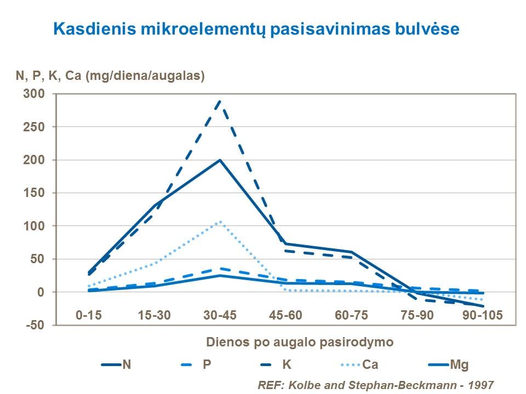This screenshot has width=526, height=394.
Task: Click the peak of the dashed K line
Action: pos(220,100)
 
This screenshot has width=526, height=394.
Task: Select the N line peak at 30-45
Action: pos(220,160)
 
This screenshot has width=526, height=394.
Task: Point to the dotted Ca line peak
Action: pos(220,222)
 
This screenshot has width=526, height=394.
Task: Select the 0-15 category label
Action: pos(88,316)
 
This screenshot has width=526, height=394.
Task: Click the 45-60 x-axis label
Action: pos(285,316)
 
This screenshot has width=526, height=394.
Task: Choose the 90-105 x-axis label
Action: pos(483,316)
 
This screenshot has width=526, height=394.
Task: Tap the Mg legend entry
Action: pos(459,364)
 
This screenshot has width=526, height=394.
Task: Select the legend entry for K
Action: pos(287,364)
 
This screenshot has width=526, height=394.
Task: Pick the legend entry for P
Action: pos(207,364)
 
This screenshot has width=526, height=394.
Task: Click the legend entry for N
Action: pos(127,364)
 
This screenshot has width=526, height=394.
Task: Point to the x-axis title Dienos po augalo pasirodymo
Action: pos(300,343)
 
